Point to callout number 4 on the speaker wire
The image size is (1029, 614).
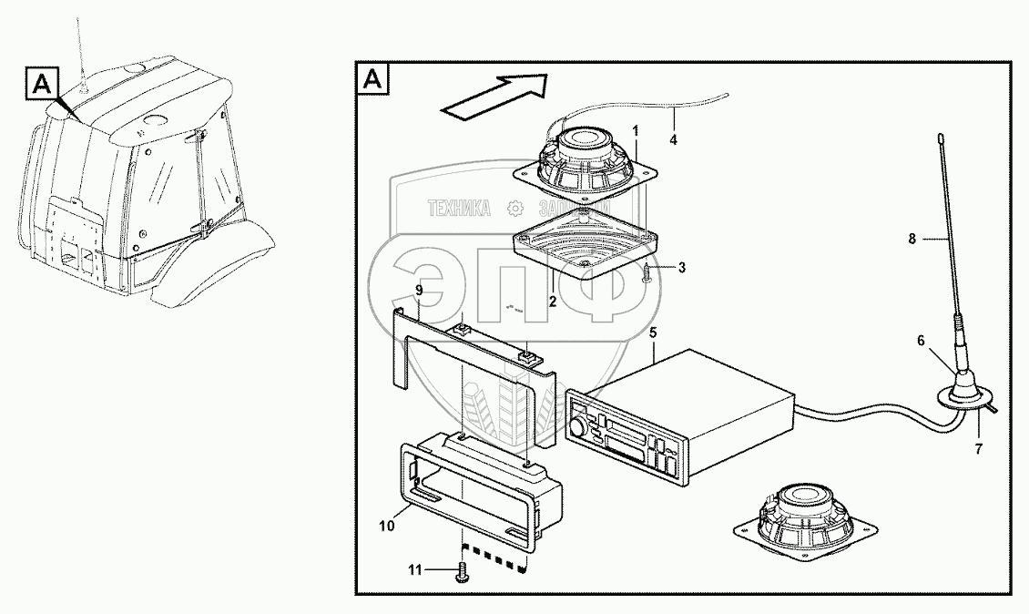(673, 139)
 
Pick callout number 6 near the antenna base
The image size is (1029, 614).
(921, 340)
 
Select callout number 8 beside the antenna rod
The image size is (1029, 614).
(913, 239)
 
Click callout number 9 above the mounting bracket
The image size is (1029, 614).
(419, 291)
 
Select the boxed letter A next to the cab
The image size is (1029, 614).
(43, 86)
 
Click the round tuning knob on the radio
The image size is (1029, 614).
(577, 428)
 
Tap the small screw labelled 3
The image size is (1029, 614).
(647, 271)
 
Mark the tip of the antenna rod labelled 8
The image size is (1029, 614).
(939, 138)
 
